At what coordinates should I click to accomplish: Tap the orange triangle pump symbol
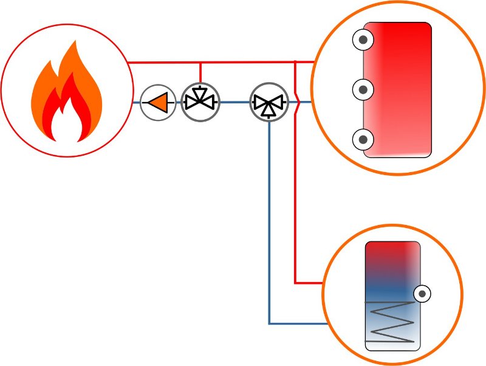tap(158, 102)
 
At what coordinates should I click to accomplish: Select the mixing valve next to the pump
tap(200, 102)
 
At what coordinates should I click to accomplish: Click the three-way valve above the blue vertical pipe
tap(269, 102)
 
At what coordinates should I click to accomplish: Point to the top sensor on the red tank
tap(363, 41)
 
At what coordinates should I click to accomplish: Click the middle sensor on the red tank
tap(363, 91)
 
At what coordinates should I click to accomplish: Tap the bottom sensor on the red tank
tap(363, 140)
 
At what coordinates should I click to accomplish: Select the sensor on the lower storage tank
tap(422, 294)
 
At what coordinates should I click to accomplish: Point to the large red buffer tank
tap(398, 90)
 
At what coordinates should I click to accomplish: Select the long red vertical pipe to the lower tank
tap(295, 201)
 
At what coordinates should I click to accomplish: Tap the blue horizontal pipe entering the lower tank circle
tap(298, 323)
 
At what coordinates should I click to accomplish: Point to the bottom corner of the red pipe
tap(295, 283)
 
